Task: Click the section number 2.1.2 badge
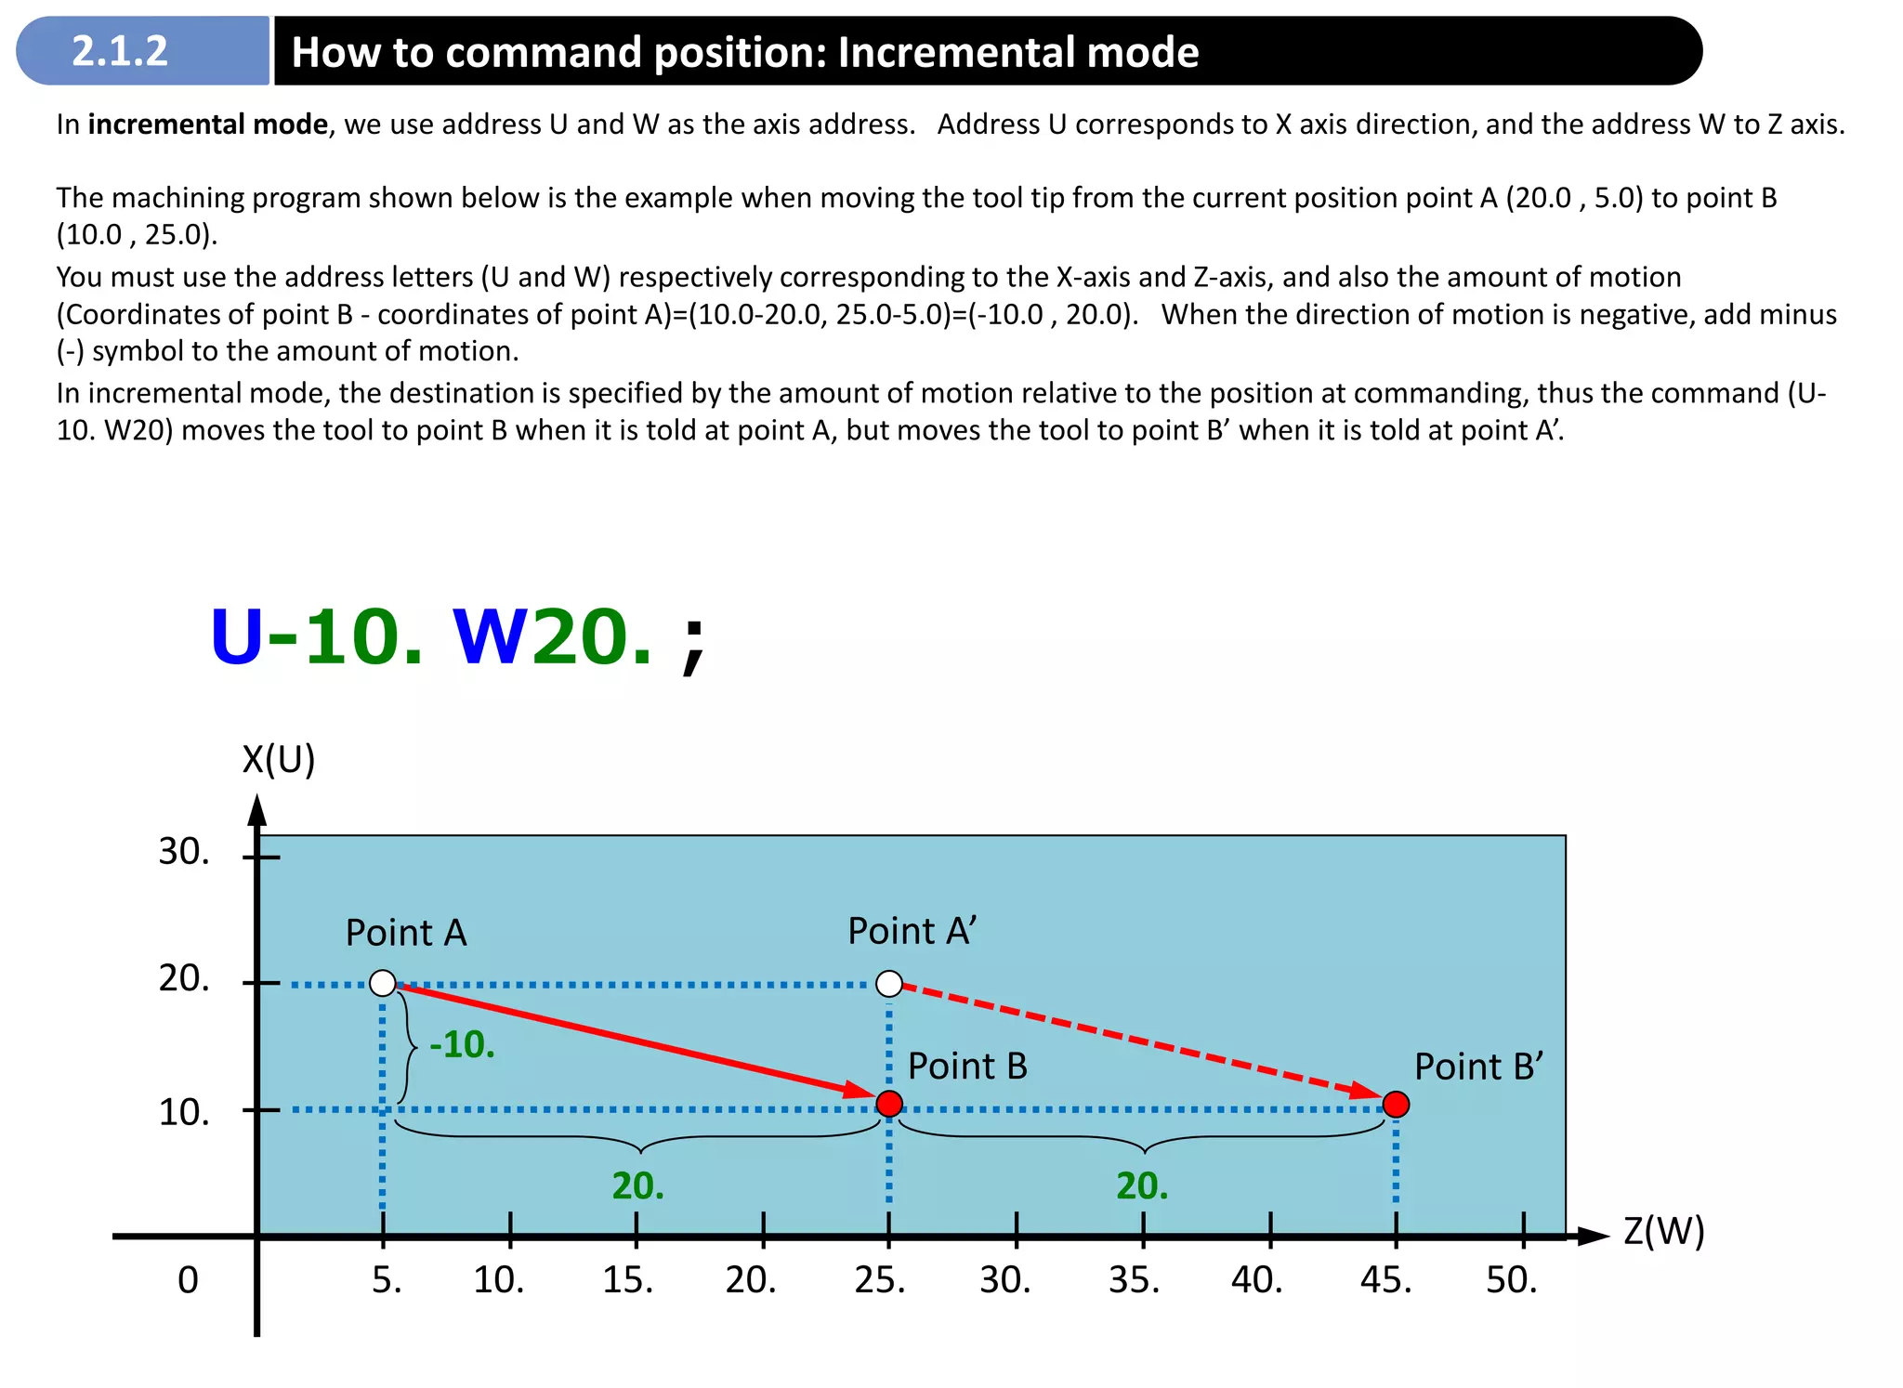pos(121,51)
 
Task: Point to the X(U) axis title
pos(278,760)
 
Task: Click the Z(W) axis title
pos(1663,1231)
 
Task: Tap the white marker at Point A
pos(383,983)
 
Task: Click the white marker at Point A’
pos(889,983)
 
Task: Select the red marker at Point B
pos(889,1104)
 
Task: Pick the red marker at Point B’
pos(1396,1104)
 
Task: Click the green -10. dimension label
pos(462,1045)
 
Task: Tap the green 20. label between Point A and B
pos(637,1186)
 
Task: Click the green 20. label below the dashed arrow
pos(1142,1186)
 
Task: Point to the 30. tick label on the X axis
pos(184,852)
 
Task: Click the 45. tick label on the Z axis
pos(1385,1280)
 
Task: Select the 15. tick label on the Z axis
pos(627,1280)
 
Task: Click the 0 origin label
pos(188,1280)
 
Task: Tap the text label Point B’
pos(1478,1067)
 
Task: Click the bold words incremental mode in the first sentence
pos(208,124)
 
